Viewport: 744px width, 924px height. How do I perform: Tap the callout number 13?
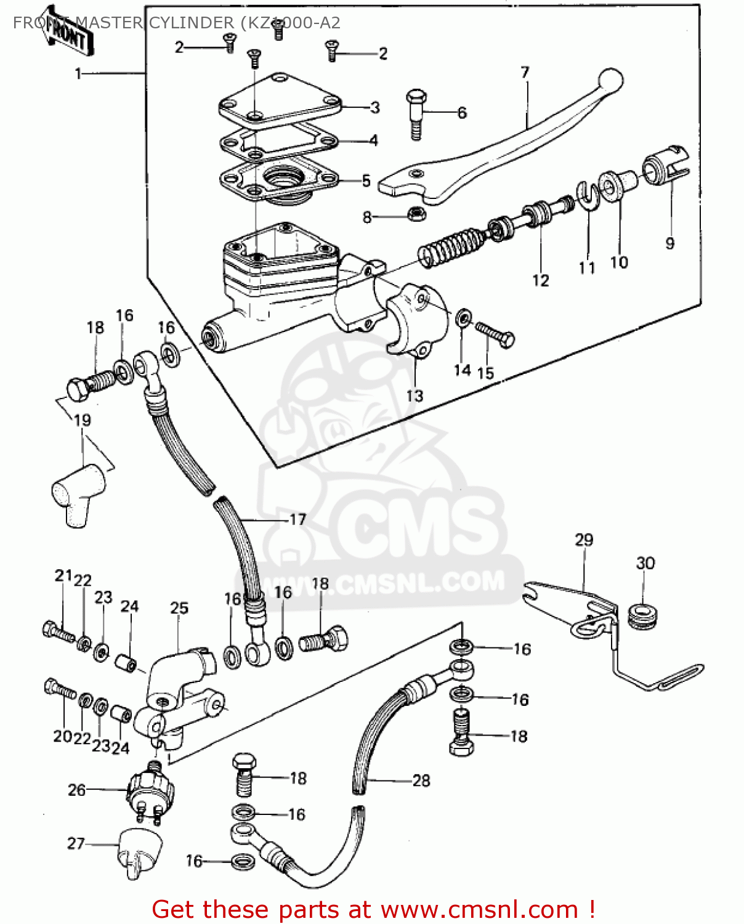click(x=414, y=395)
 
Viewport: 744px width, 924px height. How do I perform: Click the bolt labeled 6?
click(x=416, y=114)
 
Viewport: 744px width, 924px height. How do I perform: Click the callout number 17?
click(x=297, y=519)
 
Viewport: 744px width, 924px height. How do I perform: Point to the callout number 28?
click(x=421, y=780)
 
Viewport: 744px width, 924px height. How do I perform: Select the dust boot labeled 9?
click(x=665, y=167)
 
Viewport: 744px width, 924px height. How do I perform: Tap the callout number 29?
click(x=583, y=540)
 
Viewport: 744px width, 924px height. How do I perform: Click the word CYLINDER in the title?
click(x=189, y=23)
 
